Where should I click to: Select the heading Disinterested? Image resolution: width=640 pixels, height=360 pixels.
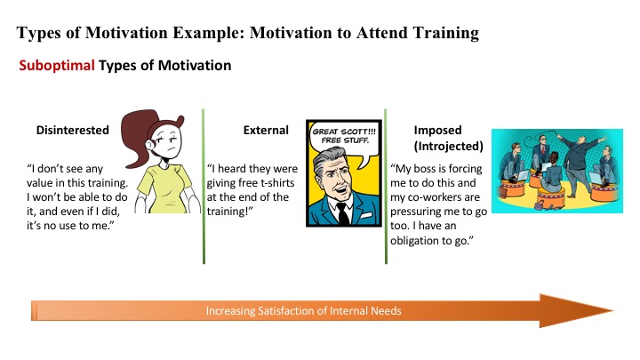[x=72, y=130]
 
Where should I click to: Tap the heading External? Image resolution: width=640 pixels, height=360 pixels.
[x=266, y=130]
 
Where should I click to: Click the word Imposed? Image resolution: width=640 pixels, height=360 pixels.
[x=437, y=130]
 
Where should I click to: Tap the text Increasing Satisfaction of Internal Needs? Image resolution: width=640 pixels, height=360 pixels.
[x=304, y=311]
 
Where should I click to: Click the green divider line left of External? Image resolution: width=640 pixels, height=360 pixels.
[x=203, y=187]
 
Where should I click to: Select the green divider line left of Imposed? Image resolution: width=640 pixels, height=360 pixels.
[x=385, y=187]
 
